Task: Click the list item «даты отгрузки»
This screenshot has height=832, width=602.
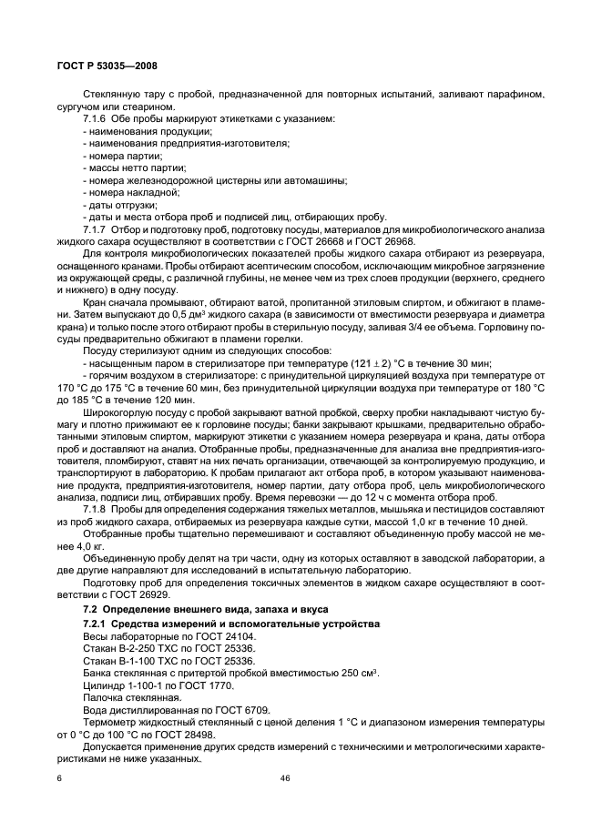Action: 113,204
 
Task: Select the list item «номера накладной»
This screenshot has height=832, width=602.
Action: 126,192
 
